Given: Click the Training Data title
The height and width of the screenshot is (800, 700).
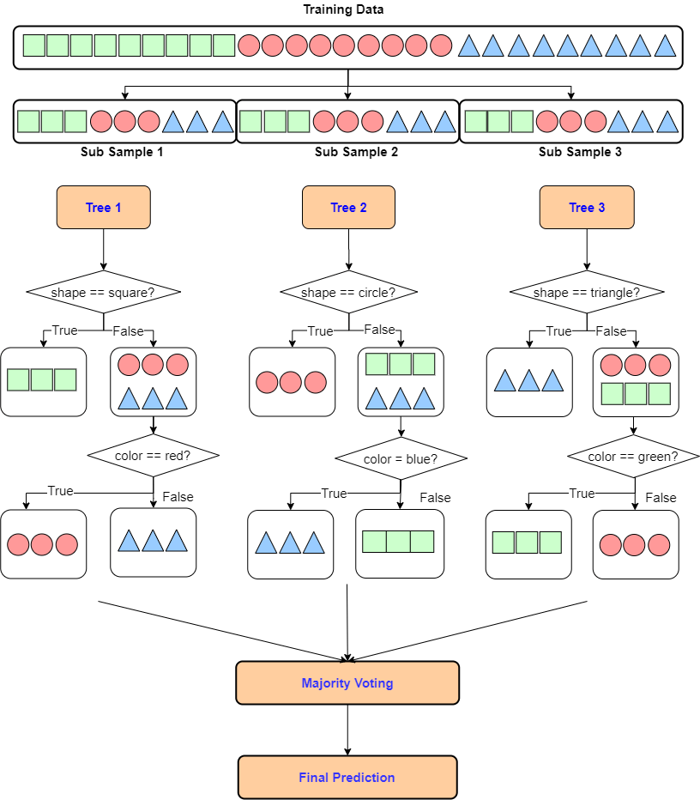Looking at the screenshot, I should tap(343, 10).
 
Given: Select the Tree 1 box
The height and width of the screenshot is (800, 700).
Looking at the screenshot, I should tap(103, 208).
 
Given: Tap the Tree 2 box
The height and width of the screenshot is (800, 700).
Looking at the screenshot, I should tap(348, 208).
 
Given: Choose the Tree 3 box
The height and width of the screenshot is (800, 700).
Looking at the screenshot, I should tap(587, 208).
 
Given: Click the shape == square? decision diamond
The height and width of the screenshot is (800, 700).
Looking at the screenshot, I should tap(103, 293).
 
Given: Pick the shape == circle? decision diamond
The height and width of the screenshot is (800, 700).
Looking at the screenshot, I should tap(348, 293).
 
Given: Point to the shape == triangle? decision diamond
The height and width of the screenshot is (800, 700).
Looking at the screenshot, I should tap(587, 293).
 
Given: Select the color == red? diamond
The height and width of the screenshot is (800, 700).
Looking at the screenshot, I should tap(153, 456).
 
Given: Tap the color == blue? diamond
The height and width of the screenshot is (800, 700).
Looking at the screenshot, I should tap(401, 459).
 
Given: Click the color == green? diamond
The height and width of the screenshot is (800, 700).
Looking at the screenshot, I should tap(633, 457).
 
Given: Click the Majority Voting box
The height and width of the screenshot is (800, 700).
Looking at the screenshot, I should tap(347, 683).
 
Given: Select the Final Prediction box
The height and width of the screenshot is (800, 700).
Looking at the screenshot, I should tap(347, 778).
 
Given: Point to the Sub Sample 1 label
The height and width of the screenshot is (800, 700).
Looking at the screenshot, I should tap(122, 153).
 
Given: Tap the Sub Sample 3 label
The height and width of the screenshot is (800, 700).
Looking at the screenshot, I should tap(580, 153).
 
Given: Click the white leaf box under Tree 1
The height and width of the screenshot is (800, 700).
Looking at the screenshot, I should tap(43, 381).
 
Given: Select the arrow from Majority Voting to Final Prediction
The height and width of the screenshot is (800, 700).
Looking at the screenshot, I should tap(347, 730).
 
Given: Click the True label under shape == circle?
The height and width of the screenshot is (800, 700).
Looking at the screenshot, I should tap(320, 331).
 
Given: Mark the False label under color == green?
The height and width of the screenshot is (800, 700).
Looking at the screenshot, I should tap(661, 498).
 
